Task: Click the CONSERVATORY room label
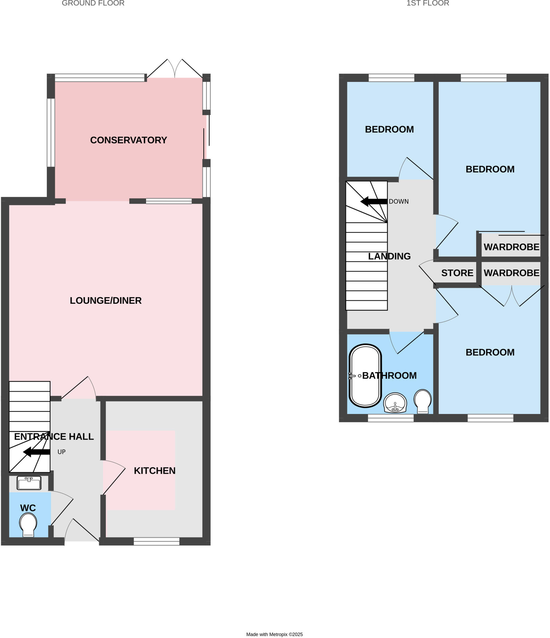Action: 129,140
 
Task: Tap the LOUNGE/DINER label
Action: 105,301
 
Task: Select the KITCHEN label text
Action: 154,471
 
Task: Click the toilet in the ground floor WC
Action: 28,525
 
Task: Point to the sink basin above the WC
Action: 29,483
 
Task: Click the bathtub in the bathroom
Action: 365,376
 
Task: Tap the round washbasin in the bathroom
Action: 395,403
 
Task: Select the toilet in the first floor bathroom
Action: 423,401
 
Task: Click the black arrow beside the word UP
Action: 37,452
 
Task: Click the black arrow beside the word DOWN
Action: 374,202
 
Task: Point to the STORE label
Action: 457,273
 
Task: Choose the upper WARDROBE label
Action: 511,247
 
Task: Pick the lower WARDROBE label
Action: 511,273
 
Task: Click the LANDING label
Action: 389,256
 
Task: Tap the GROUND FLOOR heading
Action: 93,3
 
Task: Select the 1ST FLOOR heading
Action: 427,3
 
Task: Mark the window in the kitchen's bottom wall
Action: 157,542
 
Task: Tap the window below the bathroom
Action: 391,418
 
